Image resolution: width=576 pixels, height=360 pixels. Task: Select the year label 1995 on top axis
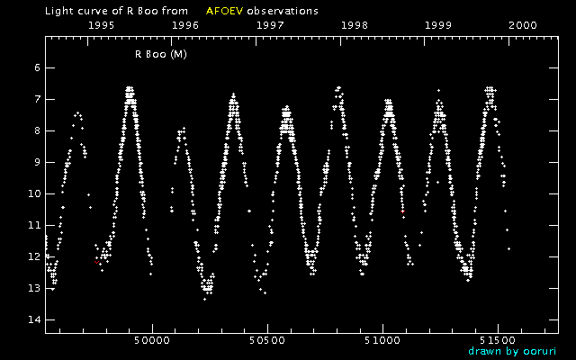pyautogui.click(x=102, y=26)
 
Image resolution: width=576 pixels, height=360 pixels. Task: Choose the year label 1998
pyautogui.click(x=355, y=26)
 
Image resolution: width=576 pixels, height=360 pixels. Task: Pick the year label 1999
pyautogui.click(x=438, y=26)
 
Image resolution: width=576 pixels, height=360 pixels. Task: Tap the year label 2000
pyautogui.click(x=523, y=26)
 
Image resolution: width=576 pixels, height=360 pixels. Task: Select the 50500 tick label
pyautogui.click(x=267, y=342)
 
